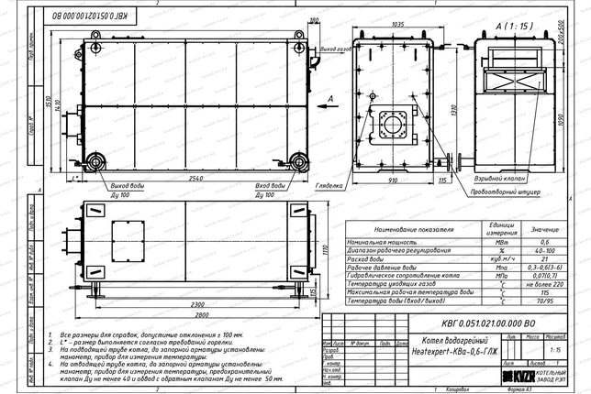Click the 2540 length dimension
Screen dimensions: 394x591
point(195,177)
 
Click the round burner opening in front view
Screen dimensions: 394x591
point(396,124)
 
